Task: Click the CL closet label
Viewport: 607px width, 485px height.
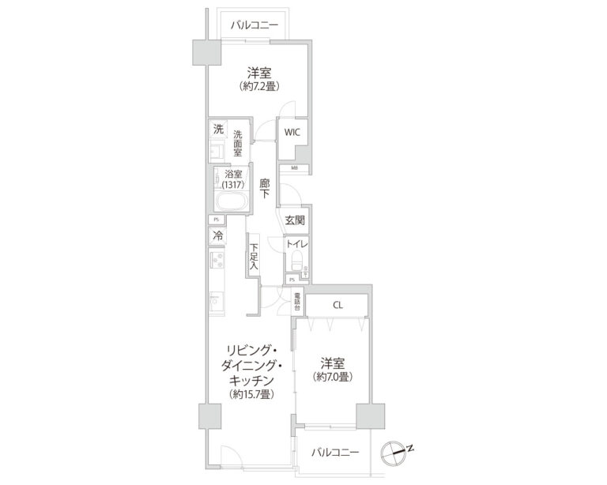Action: (337, 304)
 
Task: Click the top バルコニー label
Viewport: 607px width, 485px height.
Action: (254, 25)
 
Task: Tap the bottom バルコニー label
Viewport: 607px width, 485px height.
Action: (334, 453)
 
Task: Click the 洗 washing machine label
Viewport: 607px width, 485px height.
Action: (217, 129)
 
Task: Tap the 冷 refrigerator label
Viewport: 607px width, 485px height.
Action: (217, 235)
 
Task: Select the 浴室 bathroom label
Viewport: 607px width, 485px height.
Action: (233, 174)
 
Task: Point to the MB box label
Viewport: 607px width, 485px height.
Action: (294, 168)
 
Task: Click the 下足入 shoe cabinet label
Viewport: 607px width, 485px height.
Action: (254, 256)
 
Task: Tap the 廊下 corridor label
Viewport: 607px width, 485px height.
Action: (266, 189)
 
